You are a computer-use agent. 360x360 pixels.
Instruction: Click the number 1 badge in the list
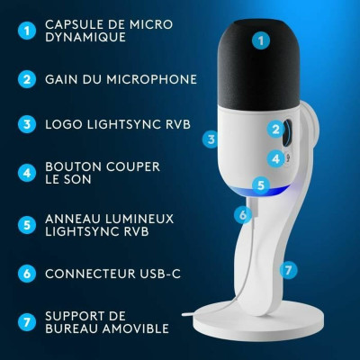[27, 31]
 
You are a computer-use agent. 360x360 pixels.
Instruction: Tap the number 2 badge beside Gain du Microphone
[27, 79]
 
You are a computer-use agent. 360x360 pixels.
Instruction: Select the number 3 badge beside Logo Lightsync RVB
[27, 124]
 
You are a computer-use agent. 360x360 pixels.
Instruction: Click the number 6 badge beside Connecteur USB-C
[27, 273]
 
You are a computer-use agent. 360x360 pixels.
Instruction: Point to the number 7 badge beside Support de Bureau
[27, 321]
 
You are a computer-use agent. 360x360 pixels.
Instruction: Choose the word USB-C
[158, 273]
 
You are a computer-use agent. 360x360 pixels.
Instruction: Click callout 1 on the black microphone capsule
[261, 40]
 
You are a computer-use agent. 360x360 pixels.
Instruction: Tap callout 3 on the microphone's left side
[211, 139]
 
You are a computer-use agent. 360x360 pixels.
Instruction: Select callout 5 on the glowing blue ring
[260, 185]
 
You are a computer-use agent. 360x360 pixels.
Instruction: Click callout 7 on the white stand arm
[288, 269]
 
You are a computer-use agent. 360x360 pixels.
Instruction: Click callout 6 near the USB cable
[241, 214]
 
